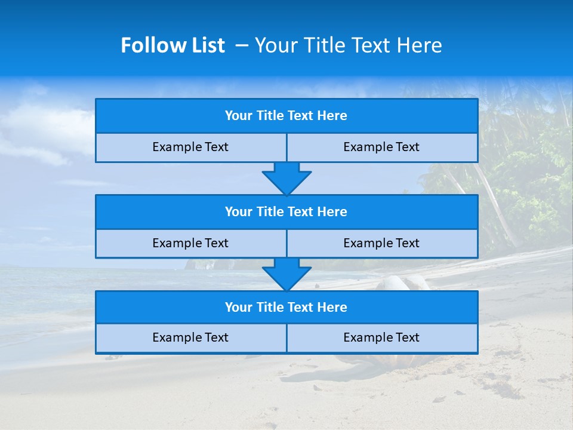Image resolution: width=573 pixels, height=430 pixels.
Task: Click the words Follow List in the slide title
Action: (172, 45)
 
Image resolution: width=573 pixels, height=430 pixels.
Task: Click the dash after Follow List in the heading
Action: (242, 45)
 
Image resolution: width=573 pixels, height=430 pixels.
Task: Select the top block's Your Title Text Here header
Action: (286, 116)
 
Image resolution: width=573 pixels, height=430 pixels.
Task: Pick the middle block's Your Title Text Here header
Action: (286, 211)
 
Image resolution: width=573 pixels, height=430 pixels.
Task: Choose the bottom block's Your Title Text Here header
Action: (286, 307)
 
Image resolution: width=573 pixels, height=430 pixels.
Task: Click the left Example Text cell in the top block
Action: (190, 147)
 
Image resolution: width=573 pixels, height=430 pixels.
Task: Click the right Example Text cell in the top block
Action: (381, 147)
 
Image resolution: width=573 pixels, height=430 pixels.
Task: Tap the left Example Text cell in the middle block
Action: (190, 243)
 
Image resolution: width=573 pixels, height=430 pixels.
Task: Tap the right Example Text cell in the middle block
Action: (381, 243)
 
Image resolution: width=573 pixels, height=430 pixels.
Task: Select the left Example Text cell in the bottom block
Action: (190, 337)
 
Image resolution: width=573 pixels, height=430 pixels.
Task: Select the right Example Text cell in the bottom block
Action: (381, 337)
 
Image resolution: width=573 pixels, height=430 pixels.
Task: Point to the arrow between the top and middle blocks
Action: (286, 178)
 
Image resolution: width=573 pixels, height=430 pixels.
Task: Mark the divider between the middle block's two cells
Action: (286, 243)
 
